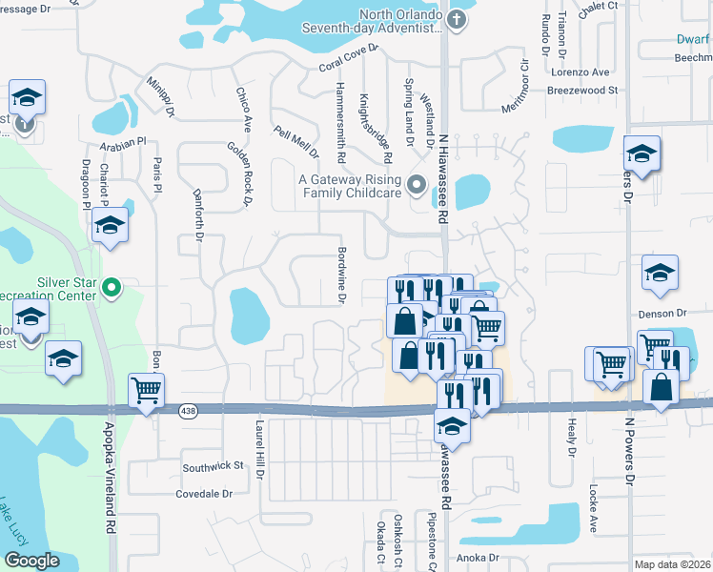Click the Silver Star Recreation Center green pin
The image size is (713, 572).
(112, 286)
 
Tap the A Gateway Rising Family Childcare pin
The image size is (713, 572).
(416, 184)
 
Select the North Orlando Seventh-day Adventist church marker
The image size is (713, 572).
(457, 19)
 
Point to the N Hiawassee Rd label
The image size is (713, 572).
(443, 177)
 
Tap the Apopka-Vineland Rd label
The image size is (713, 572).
(111, 478)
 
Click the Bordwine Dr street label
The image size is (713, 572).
(341, 275)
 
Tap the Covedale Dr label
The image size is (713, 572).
(204, 494)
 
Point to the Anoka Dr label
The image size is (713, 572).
(477, 558)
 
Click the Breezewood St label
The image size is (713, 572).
(582, 91)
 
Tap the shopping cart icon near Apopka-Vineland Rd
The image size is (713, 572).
(147, 391)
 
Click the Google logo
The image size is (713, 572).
(31, 561)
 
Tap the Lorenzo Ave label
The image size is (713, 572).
(583, 72)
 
